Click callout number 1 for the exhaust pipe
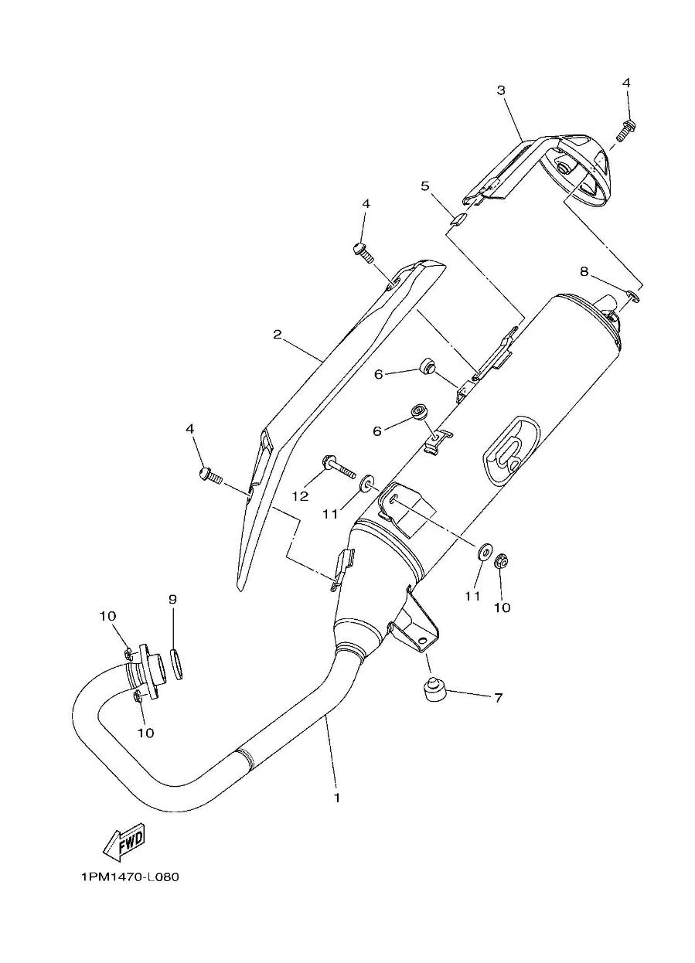pos(337,797)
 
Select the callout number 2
pos(277,335)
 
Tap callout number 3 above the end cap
pos(501,90)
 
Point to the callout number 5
pos(424,186)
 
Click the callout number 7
pos(498,698)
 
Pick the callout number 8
pos(584,271)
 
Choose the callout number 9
pos(172,599)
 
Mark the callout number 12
pos(300,495)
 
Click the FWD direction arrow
pos(124,842)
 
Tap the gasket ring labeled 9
pos(176,663)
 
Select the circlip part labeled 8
pos(632,294)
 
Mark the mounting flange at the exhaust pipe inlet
pos(148,671)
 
